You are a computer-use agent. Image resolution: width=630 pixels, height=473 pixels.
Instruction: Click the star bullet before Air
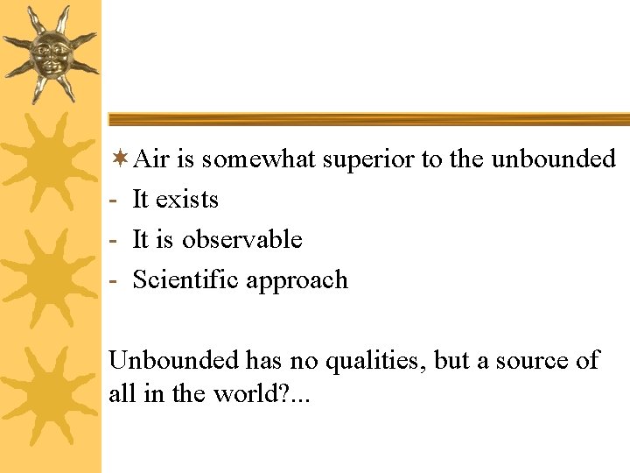120,159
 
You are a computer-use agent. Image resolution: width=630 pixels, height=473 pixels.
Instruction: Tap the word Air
152,159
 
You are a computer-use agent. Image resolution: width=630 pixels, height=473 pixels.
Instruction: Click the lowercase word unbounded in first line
554,159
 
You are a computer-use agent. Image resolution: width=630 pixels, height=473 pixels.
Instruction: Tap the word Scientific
185,280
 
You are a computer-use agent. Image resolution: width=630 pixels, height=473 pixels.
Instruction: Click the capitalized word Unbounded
173,360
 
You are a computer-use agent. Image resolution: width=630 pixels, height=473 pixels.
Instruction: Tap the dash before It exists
113,201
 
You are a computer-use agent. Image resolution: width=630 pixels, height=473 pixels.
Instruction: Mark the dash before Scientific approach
113,281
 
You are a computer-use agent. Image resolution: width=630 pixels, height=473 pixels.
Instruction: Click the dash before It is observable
113,241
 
